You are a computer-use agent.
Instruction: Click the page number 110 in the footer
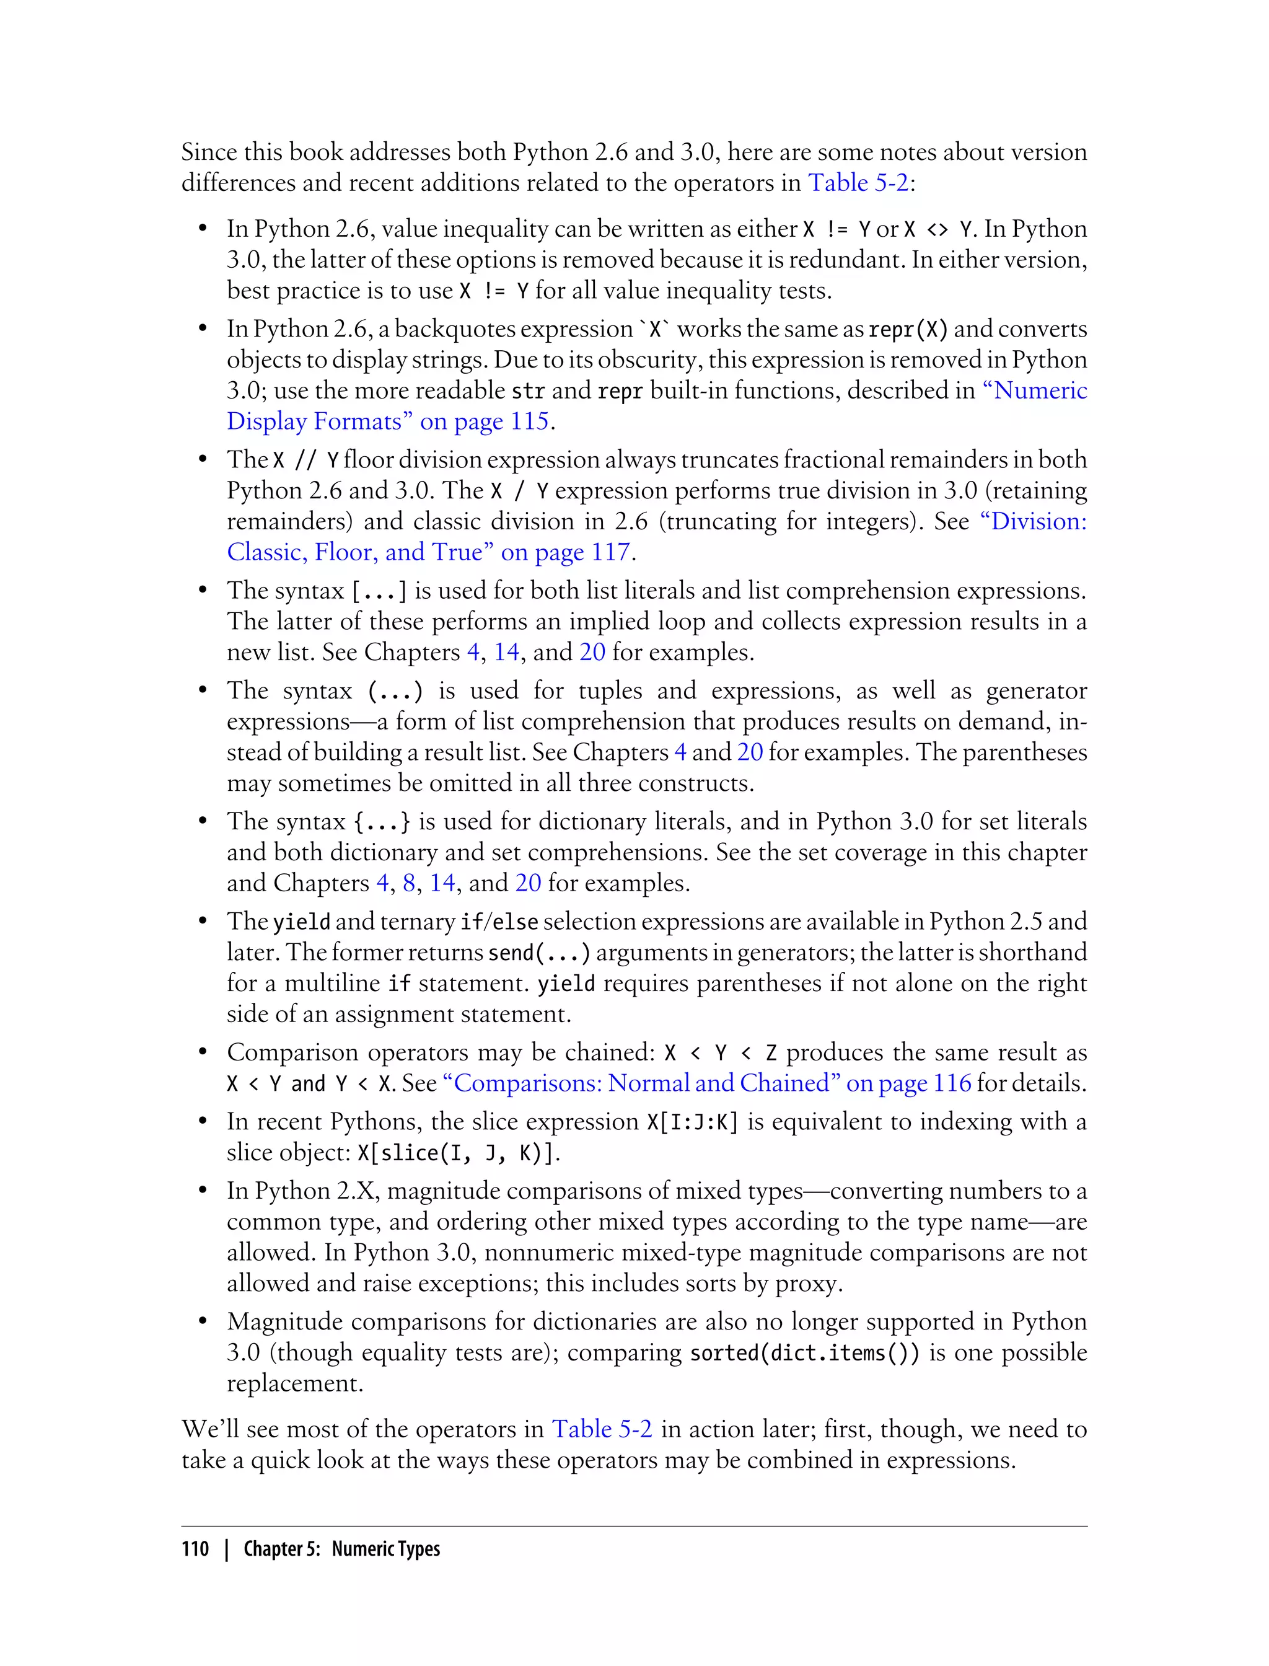pyautogui.click(x=195, y=1549)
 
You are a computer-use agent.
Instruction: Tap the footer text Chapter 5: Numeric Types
pyautogui.click(x=341, y=1549)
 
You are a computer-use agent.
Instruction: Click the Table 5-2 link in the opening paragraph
pyautogui.click(x=858, y=183)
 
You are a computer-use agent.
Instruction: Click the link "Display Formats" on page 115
pyautogui.click(x=389, y=421)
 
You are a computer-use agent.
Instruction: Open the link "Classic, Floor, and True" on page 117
pyautogui.click(x=428, y=552)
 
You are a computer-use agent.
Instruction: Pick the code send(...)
pyautogui.click(x=539, y=953)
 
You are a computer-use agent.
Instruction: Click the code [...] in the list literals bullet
pyautogui.click(x=379, y=591)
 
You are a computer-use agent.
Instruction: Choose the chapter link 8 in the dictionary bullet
pyautogui.click(x=410, y=883)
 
